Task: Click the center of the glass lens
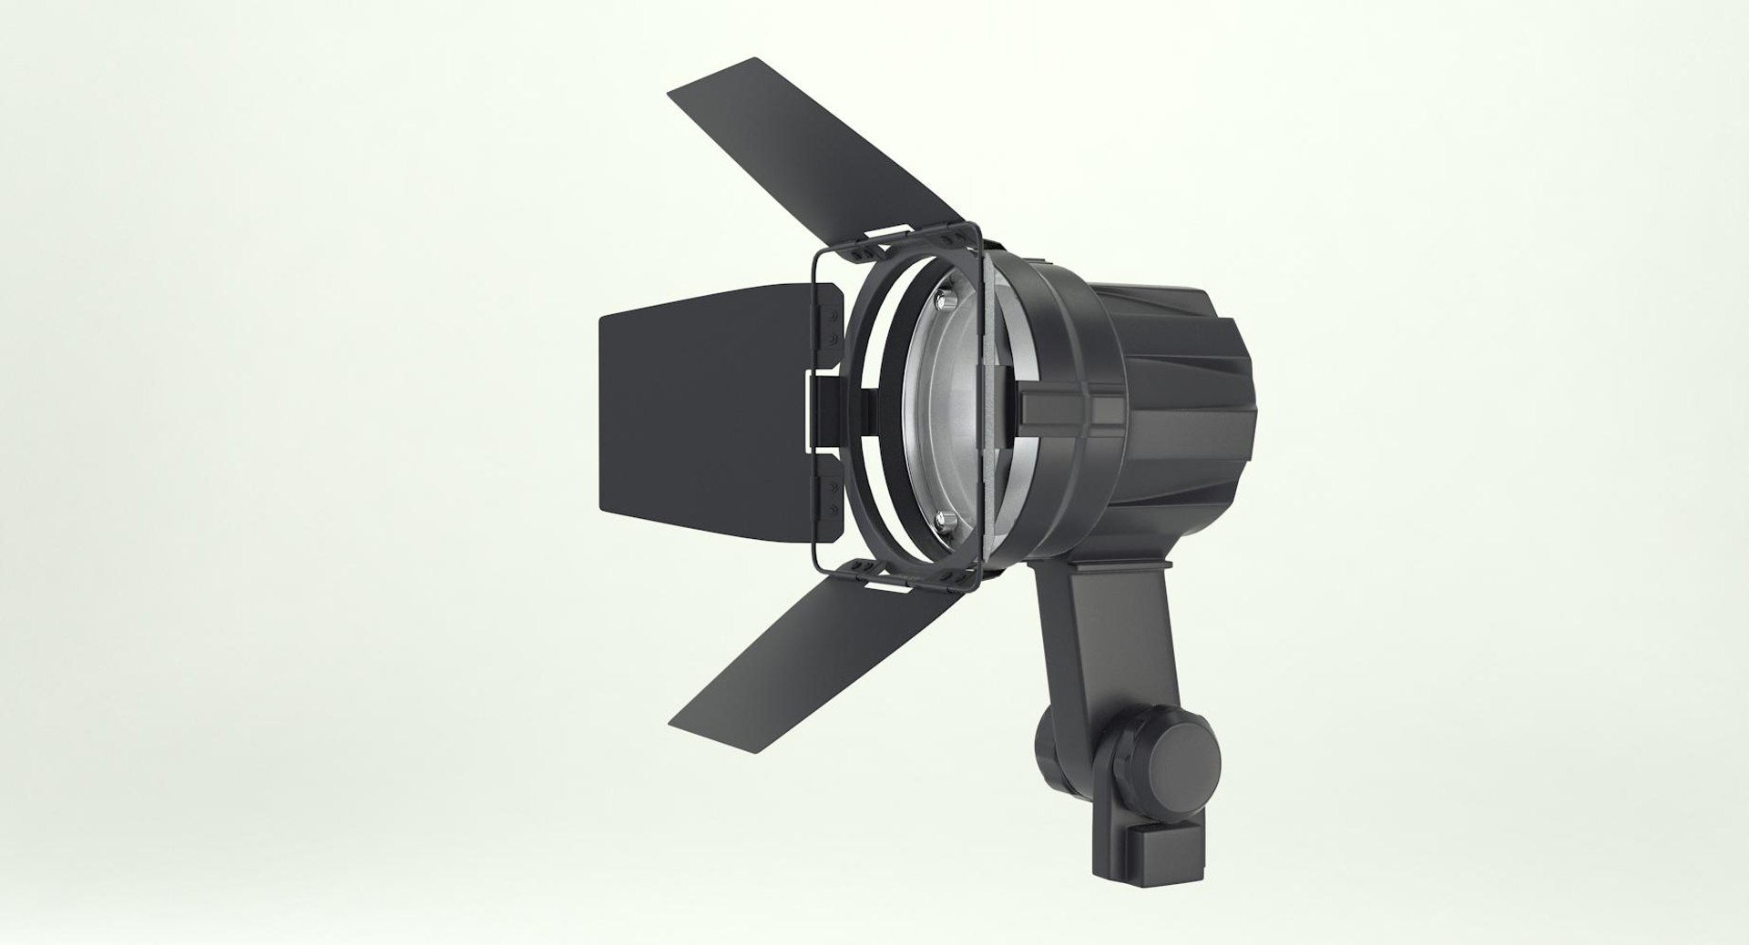(x=947, y=410)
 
